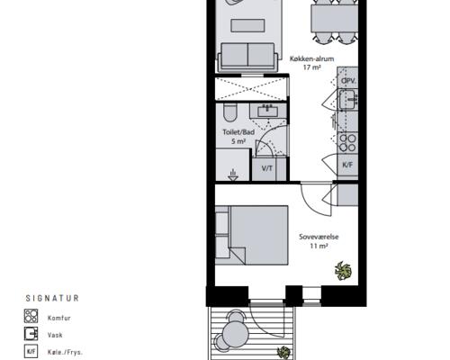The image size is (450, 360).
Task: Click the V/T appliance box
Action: (267, 169)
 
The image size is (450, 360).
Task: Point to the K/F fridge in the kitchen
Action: (347, 165)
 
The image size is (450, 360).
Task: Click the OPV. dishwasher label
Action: (348, 81)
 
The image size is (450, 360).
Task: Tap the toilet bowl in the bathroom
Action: (230, 112)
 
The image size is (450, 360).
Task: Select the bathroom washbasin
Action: (268, 112)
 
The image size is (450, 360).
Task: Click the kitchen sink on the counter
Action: (348, 99)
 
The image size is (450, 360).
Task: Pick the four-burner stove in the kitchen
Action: (347, 143)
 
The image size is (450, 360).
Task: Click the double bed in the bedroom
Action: (252, 235)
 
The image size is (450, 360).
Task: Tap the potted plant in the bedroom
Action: (343, 271)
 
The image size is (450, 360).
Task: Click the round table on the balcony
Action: (236, 333)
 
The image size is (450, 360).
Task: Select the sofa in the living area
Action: (247, 57)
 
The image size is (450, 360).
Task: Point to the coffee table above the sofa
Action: (247, 25)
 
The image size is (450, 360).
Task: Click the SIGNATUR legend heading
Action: (52, 298)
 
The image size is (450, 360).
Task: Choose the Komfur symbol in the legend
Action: (31, 316)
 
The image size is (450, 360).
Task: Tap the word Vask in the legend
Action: (55, 335)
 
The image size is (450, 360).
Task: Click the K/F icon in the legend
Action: (31, 352)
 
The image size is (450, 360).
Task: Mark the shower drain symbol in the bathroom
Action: (233, 175)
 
